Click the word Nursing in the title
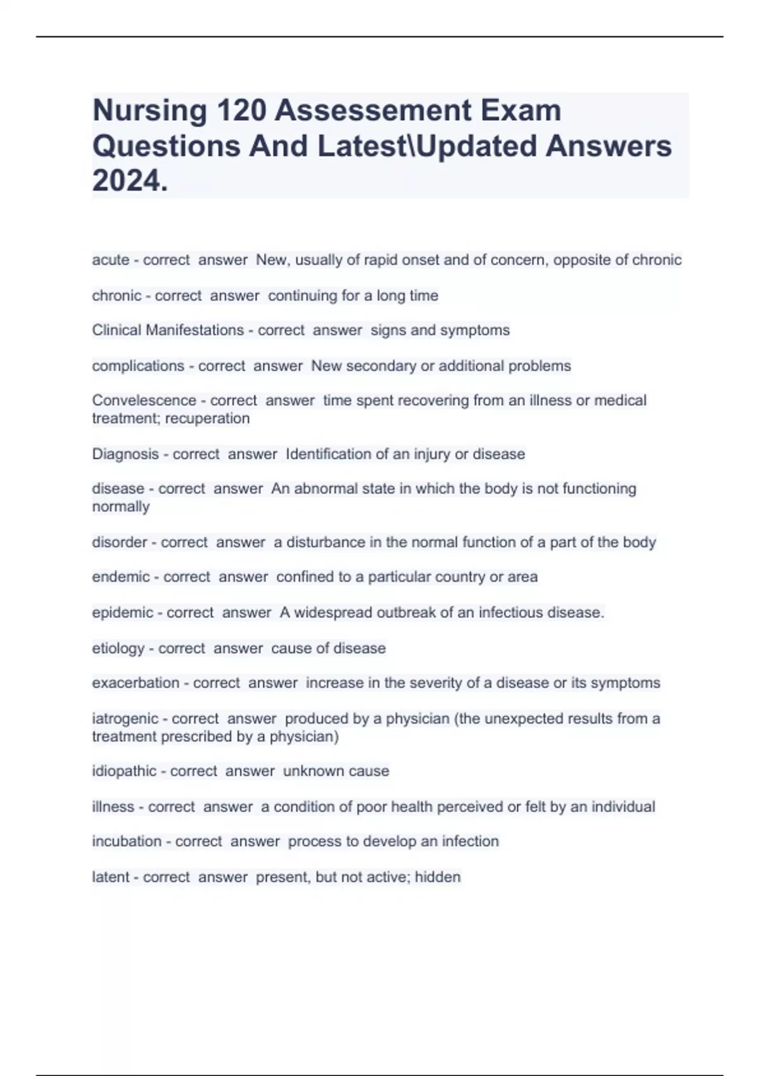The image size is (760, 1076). tap(149, 111)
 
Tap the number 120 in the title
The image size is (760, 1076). tap(241, 111)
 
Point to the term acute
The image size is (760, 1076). tap(110, 260)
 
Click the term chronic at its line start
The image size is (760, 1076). tap(117, 296)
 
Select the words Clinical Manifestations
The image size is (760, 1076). tap(168, 330)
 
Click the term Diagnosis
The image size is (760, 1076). tap(125, 454)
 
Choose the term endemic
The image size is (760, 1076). tap(120, 577)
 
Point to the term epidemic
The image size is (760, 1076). tap(122, 613)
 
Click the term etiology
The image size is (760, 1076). tap(118, 648)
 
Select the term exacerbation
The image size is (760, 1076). tap(136, 683)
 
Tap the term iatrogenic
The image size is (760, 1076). tap(125, 718)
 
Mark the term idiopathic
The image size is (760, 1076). tap(124, 771)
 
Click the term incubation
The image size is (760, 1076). tap(127, 841)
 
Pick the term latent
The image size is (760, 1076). tap(110, 877)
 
